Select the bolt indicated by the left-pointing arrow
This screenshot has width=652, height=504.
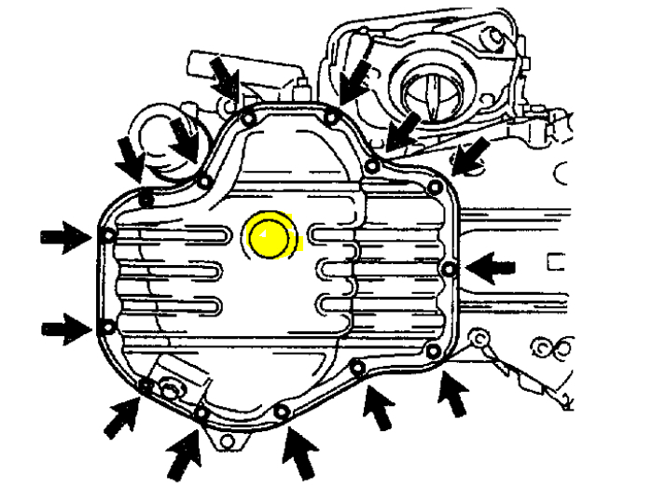(x=450, y=270)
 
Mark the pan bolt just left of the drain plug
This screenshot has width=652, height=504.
(x=146, y=384)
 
